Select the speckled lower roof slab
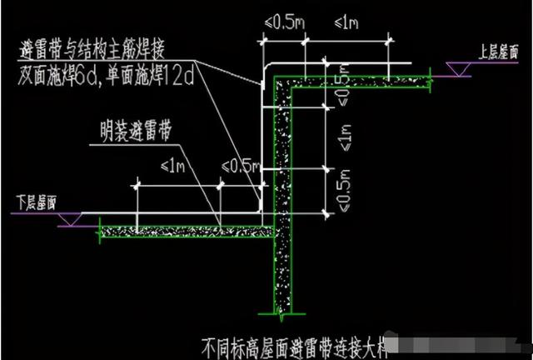pyautogui.click(x=183, y=227)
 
